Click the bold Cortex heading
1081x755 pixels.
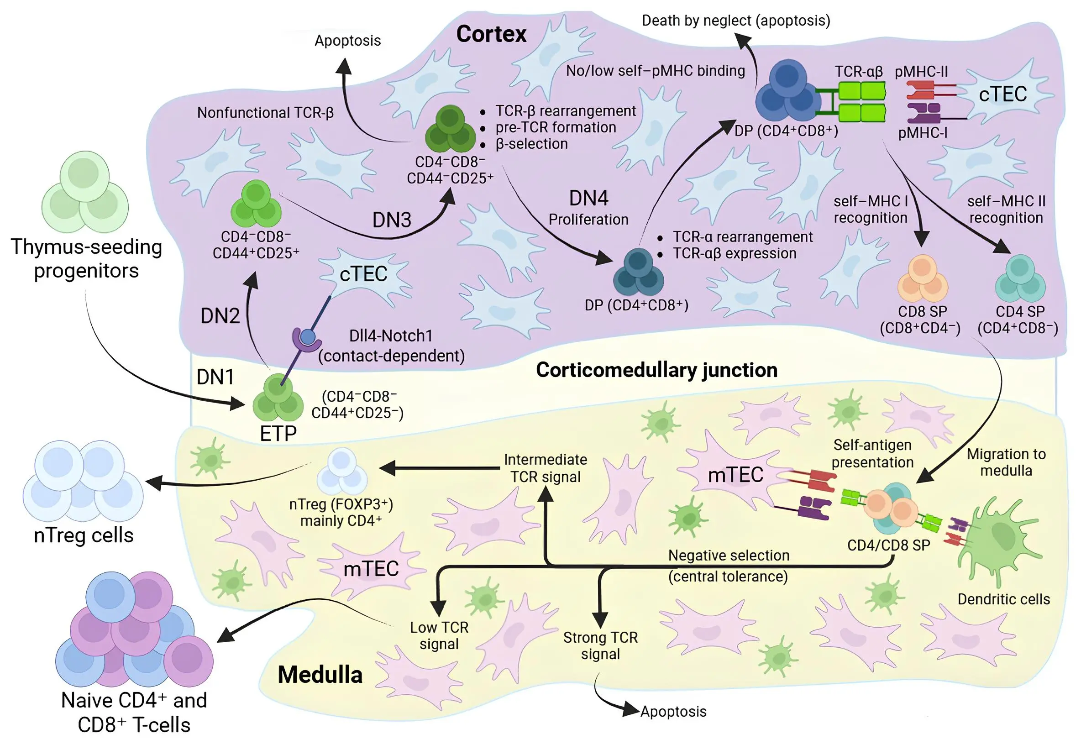(x=491, y=34)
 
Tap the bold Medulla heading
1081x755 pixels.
(x=320, y=675)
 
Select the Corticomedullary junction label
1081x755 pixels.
(x=656, y=370)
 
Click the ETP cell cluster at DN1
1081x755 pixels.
(x=278, y=398)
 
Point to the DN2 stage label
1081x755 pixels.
(x=220, y=316)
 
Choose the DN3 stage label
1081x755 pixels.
(x=392, y=220)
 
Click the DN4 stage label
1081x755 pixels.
(x=588, y=198)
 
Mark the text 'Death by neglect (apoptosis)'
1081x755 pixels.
(x=736, y=21)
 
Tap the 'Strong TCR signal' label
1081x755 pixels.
(x=600, y=645)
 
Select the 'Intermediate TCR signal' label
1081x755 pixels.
(x=545, y=468)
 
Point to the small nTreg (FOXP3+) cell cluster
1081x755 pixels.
(x=342, y=471)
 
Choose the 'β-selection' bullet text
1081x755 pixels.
(x=531, y=144)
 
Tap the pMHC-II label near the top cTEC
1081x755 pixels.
(x=921, y=72)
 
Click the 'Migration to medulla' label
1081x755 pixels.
(x=1006, y=462)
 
